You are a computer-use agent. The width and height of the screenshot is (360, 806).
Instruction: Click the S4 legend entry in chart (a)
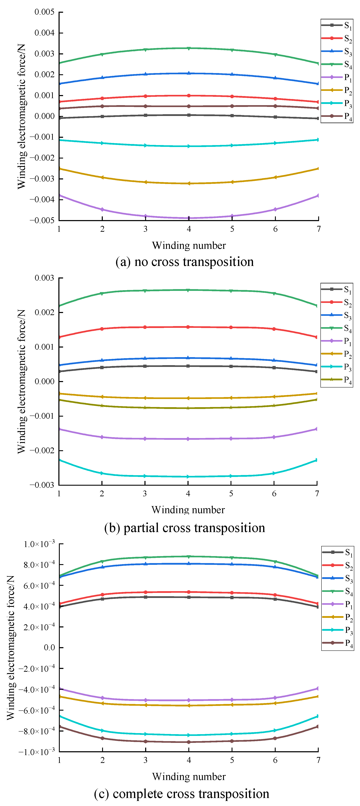click(337, 65)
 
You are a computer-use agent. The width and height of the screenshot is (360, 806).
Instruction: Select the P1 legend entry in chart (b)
click(336, 341)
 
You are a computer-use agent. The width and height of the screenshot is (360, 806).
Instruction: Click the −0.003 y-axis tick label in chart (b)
click(42, 485)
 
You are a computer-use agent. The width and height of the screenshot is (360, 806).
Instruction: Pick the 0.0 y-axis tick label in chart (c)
click(49, 648)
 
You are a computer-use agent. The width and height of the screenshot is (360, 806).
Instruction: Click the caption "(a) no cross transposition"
click(185, 262)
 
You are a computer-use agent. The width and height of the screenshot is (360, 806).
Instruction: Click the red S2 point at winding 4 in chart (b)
click(188, 327)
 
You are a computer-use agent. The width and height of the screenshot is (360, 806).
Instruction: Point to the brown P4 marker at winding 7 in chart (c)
click(318, 726)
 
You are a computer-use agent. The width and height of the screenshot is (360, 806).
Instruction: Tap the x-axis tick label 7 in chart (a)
click(318, 229)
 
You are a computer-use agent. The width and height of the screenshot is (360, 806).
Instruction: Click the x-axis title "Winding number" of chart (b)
click(188, 510)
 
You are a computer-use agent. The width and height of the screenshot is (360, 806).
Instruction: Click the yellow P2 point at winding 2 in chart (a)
click(102, 177)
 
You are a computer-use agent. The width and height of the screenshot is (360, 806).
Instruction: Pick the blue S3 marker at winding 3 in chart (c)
click(145, 564)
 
